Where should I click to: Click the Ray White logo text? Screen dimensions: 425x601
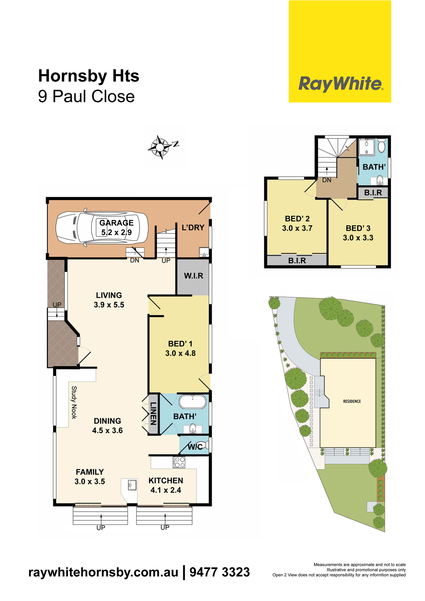(x=341, y=84)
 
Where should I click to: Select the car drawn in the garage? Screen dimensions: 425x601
(x=102, y=228)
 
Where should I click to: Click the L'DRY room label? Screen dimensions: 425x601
(x=193, y=228)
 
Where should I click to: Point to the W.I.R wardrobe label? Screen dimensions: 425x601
(x=194, y=276)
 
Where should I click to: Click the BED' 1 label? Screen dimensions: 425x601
(x=180, y=344)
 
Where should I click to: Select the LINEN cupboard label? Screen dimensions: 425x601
(x=153, y=413)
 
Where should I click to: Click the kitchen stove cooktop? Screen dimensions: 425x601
(x=179, y=462)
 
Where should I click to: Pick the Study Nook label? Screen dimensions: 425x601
(x=74, y=402)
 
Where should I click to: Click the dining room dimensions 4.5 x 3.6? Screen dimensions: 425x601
(x=107, y=431)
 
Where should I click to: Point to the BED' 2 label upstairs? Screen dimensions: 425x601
(x=297, y=219)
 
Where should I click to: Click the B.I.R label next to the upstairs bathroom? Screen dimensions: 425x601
(x=373, y=193)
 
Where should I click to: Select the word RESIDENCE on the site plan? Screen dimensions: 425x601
(x=352, y=401)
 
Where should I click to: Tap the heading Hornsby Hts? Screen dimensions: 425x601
(x=89, y=76)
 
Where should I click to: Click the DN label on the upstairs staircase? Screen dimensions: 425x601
(x=327, y=180)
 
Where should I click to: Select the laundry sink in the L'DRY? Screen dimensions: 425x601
(x=204, y=252)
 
